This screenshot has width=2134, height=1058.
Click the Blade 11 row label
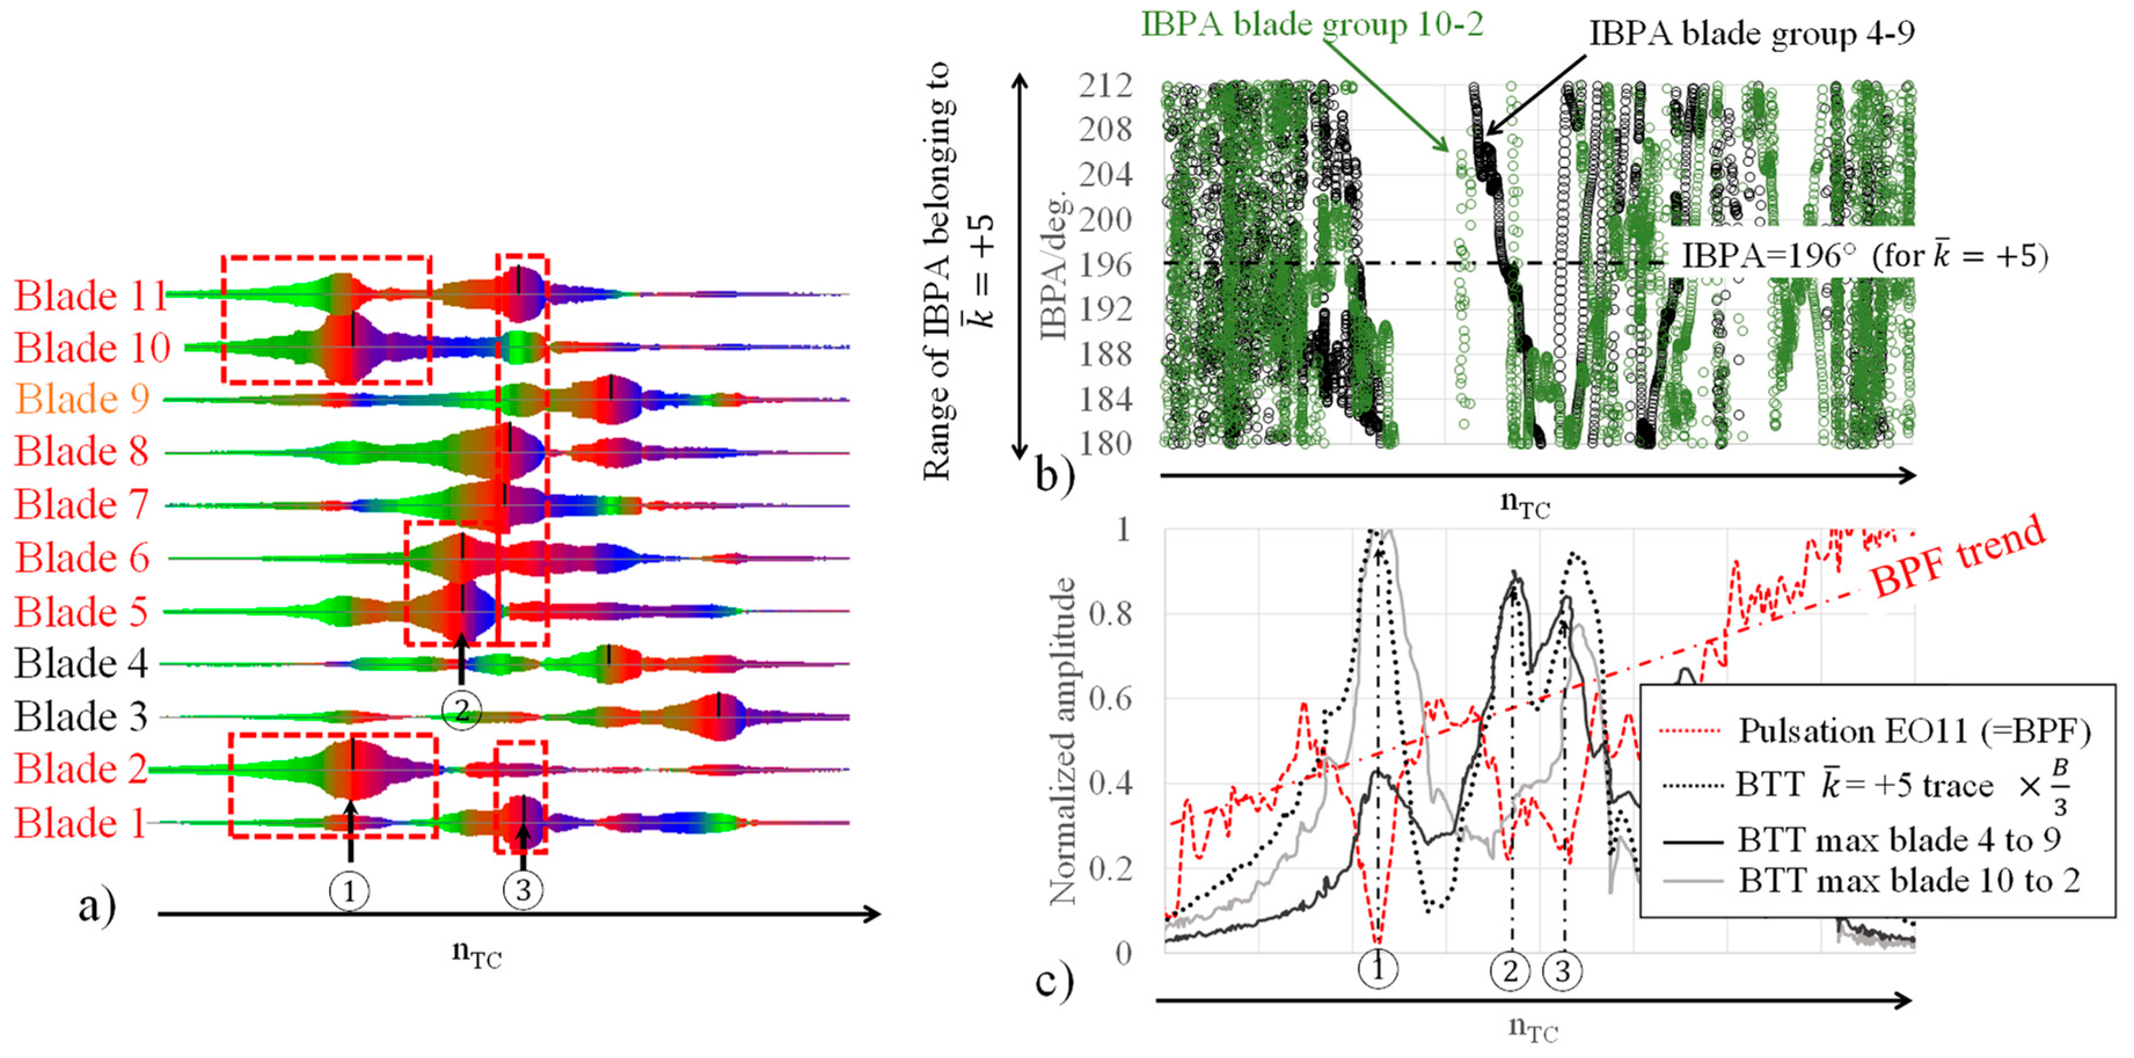(91, 295)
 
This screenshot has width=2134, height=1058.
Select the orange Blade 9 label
(83, 399)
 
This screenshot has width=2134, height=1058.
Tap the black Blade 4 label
(81, 663)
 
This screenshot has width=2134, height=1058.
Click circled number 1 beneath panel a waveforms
(349, 892)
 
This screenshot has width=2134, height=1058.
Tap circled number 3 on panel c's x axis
(1562, 970)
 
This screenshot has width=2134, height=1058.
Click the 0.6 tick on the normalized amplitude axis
(1110, 698)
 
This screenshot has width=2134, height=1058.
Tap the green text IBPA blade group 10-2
(1312, 25)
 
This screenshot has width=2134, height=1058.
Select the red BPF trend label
(1959, 555)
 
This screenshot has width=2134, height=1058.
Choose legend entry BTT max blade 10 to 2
(1909, 880)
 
